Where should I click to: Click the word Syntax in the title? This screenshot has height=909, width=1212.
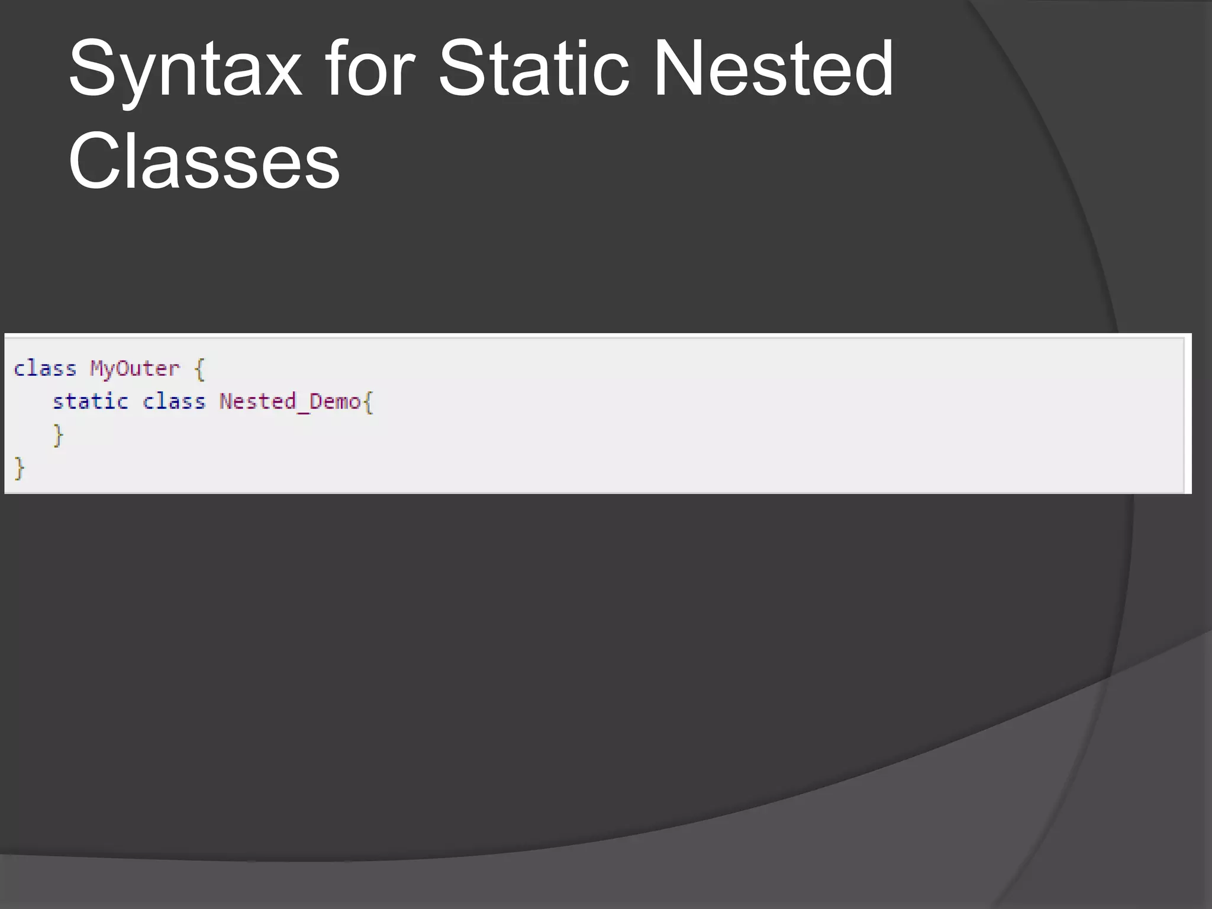[185, 70]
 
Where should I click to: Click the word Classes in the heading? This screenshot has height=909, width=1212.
[204, 161]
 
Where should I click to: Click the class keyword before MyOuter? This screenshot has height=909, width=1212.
[45, 369]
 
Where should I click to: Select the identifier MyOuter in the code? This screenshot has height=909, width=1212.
[134, 369]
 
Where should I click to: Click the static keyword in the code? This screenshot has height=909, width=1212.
[90, 402]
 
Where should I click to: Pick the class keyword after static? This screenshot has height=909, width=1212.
[173, 402]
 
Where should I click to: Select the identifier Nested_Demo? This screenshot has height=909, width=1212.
[289, 402]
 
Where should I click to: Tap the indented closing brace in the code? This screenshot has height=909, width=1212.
[58, 436]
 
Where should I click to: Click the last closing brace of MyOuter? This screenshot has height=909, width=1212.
[20, 469]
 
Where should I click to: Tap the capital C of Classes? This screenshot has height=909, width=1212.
[95, 161]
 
